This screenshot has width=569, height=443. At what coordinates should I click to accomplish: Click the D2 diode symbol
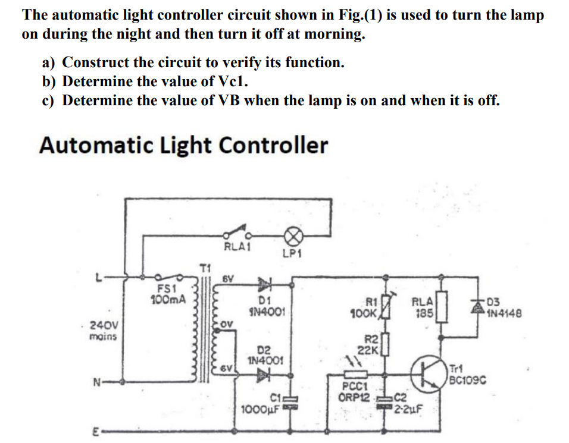coord(264,375)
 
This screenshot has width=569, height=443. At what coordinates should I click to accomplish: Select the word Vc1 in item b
coord(232,81)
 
